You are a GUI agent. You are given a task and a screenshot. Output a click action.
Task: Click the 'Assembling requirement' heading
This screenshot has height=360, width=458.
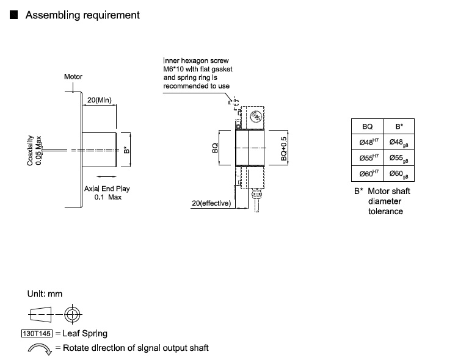(82, 15)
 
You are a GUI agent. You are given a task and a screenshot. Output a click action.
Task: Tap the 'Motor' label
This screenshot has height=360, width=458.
(73, 77)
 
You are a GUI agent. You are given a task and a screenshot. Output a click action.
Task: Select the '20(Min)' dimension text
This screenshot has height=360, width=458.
(100, 100)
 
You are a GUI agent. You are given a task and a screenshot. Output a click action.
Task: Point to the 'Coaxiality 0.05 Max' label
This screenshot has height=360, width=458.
(35, 150)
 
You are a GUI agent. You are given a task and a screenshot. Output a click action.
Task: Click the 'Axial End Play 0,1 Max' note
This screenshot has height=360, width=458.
(107, 193)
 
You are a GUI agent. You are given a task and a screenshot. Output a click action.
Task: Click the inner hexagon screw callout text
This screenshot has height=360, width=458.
(197, 73)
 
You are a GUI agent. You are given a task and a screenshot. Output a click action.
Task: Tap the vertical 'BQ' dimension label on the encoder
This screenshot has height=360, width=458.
(216, 148)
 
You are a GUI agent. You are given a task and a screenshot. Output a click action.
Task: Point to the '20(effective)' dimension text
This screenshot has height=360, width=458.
(211, 203)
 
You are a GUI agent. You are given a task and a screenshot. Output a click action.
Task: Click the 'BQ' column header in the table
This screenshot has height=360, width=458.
(368, 126)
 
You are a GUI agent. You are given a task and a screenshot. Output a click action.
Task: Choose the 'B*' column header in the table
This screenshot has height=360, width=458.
(399, 126)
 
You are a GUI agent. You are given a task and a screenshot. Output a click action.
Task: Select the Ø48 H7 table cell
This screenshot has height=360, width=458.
(368, 142)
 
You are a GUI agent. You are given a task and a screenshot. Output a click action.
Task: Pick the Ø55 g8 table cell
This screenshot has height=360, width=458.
(399, 158)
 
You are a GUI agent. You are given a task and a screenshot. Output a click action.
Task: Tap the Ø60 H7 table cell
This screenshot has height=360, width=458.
(368, 174)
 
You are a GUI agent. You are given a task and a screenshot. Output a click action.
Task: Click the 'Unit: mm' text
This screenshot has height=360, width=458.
(45, 294)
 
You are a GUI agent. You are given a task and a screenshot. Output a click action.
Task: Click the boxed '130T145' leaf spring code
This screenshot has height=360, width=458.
(37, 333)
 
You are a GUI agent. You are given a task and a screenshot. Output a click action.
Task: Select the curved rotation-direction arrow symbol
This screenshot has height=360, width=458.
(38, 348)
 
